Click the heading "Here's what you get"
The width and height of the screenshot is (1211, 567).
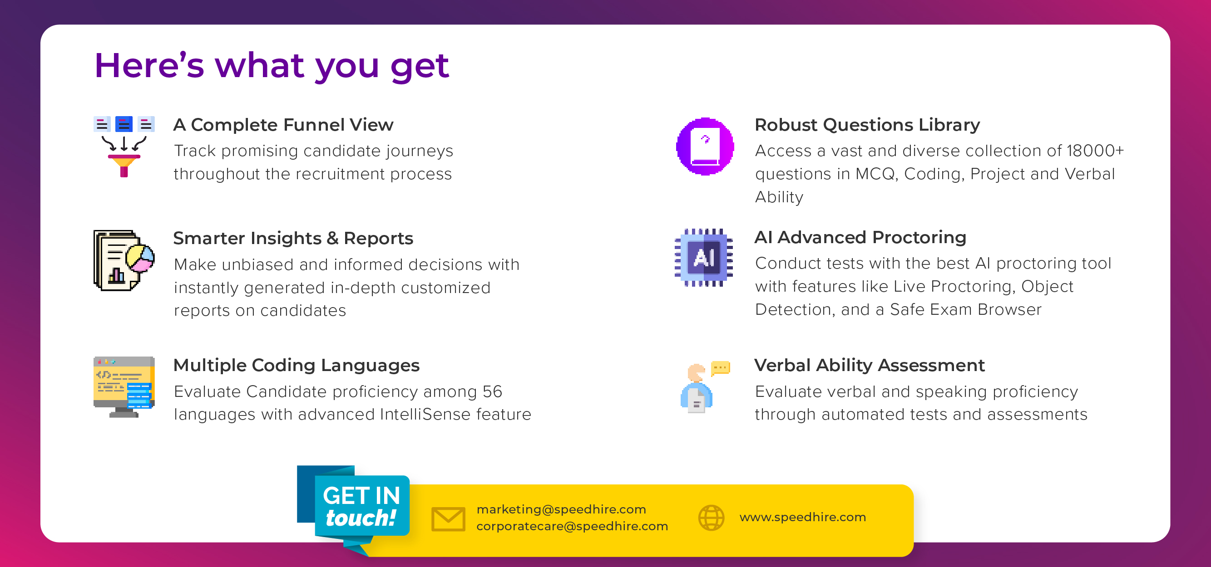(272, 66)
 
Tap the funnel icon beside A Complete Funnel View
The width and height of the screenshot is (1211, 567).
(124, 147)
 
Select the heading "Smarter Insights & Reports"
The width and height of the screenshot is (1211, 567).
(293, 238)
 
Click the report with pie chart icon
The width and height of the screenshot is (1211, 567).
(124, 260)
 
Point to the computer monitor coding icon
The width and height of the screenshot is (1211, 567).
(124, 387)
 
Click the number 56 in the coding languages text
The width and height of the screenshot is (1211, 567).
(492, 391)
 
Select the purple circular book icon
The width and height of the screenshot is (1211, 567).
(705, 147)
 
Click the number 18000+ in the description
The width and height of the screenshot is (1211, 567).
(1095, 150)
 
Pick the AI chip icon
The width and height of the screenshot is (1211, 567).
(704, 258)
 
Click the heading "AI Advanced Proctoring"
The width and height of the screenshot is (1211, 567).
(860, 237)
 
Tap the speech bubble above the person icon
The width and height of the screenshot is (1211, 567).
(720, 368)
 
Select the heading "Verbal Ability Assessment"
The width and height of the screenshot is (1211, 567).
(869, 365)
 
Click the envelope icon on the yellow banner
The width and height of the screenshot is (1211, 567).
(449, 518)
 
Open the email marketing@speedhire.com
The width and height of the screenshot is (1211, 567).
(561, 509)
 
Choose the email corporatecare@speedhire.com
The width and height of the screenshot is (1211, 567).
(572, 526)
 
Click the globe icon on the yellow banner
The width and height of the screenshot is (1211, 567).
(711, 518)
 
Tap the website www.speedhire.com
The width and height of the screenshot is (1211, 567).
(802, 517)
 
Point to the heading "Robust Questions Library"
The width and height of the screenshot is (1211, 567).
(867, 124)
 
